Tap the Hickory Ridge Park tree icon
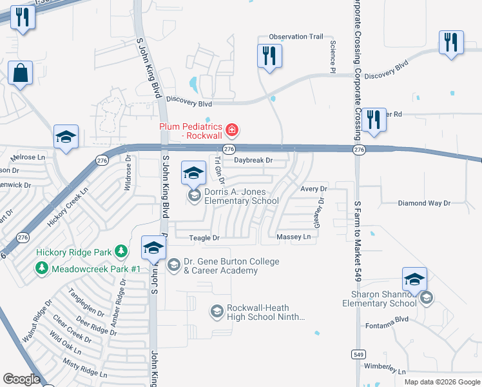pyautogui.click(x=120, y=252)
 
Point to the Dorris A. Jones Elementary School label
pyautogui.click(x=241, y=196)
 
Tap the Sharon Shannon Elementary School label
pyautogui.click(x=384, y=299)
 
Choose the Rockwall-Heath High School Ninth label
pyautogui.click(x=258, y=312)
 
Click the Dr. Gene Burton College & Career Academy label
pyautogui.click(x=231, y=266)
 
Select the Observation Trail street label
pyautogui.click(x=296, y=37)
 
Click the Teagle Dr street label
pyautogui.click(x=204, y=238)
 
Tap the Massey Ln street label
pyautogui.click(x=293, y=237)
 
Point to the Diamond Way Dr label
pyautogui.click(x=423, y=203)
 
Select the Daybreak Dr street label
pyautogui.click(x=253, y=160)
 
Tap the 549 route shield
pyautogui.click(x=359, y=354)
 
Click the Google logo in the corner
pyautogui.click(x=21, y=379)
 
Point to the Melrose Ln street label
pyautogui.click(x=28, y=157)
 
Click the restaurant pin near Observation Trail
pyautogui.click(x=269, y=55)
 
